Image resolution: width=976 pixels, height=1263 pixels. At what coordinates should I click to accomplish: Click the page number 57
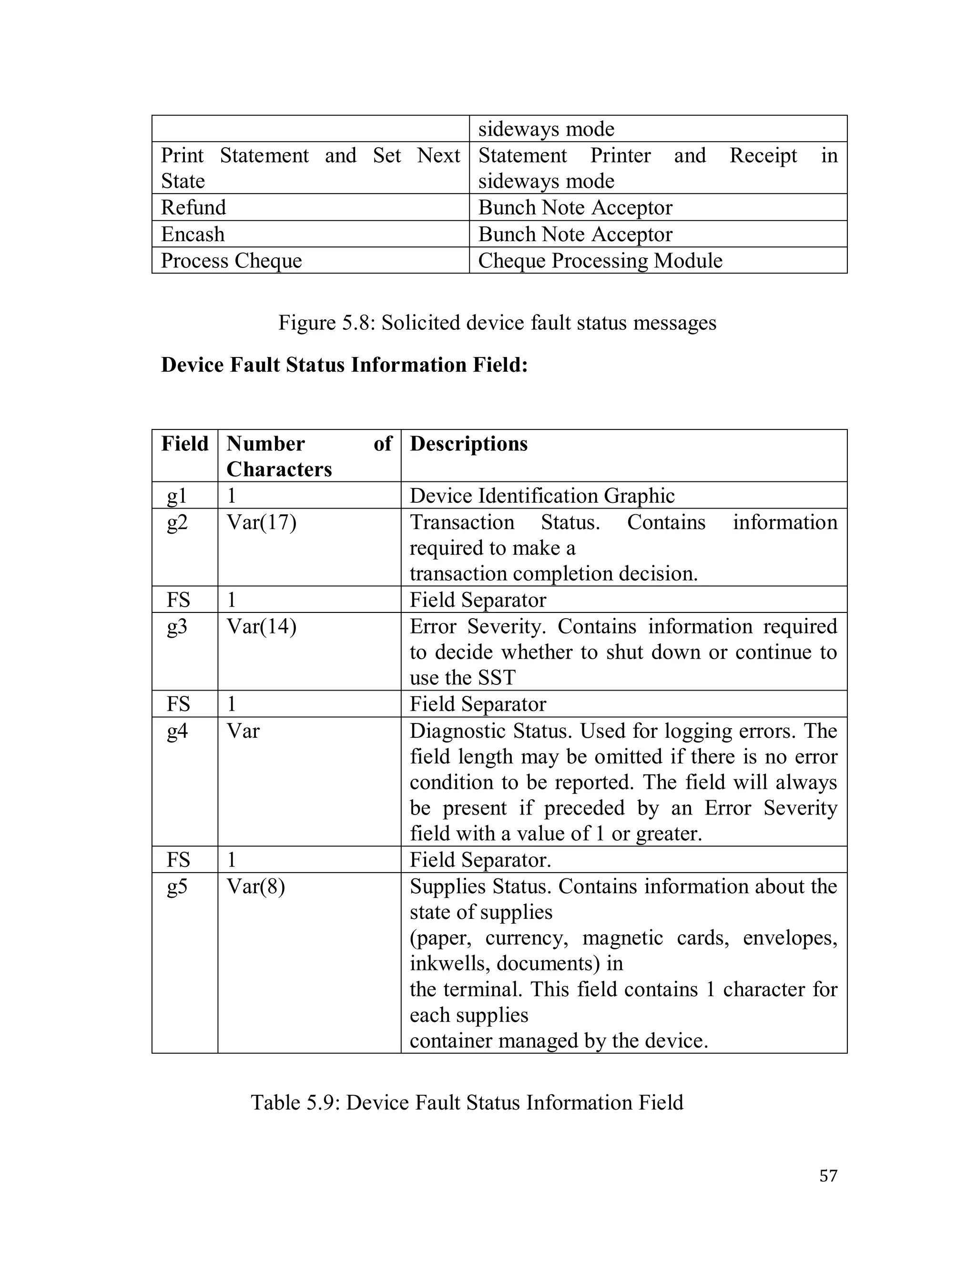pos(828,1175)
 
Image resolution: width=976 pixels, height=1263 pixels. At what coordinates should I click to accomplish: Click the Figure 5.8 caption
pos(497,323)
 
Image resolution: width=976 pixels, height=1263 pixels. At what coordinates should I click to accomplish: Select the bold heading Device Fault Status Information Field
pos(344,365)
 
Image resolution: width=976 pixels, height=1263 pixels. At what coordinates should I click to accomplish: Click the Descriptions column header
pos(468,444)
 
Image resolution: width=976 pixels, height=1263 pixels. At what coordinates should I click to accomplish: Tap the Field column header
pos(184,444)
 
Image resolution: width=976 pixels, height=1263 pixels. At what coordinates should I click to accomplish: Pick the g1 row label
pos(177,496)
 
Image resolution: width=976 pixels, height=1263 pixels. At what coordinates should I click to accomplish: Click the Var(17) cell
pos(261,523)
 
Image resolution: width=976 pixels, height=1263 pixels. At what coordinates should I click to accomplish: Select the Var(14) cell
pos(261,627)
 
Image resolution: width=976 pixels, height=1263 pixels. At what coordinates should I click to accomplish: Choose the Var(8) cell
pos(255,886)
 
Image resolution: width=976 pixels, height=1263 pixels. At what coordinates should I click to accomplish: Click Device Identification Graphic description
pos(542,496)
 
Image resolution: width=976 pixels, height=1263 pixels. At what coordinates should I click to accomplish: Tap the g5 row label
pos(177,886)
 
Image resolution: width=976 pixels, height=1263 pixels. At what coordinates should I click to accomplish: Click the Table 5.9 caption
pos(467,1102)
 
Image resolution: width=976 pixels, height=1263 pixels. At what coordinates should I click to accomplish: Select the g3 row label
pos(177,627)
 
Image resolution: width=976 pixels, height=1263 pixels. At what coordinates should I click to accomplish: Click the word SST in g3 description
pos(496,678)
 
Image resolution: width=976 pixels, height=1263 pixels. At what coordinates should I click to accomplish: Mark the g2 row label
pos(177,523)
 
